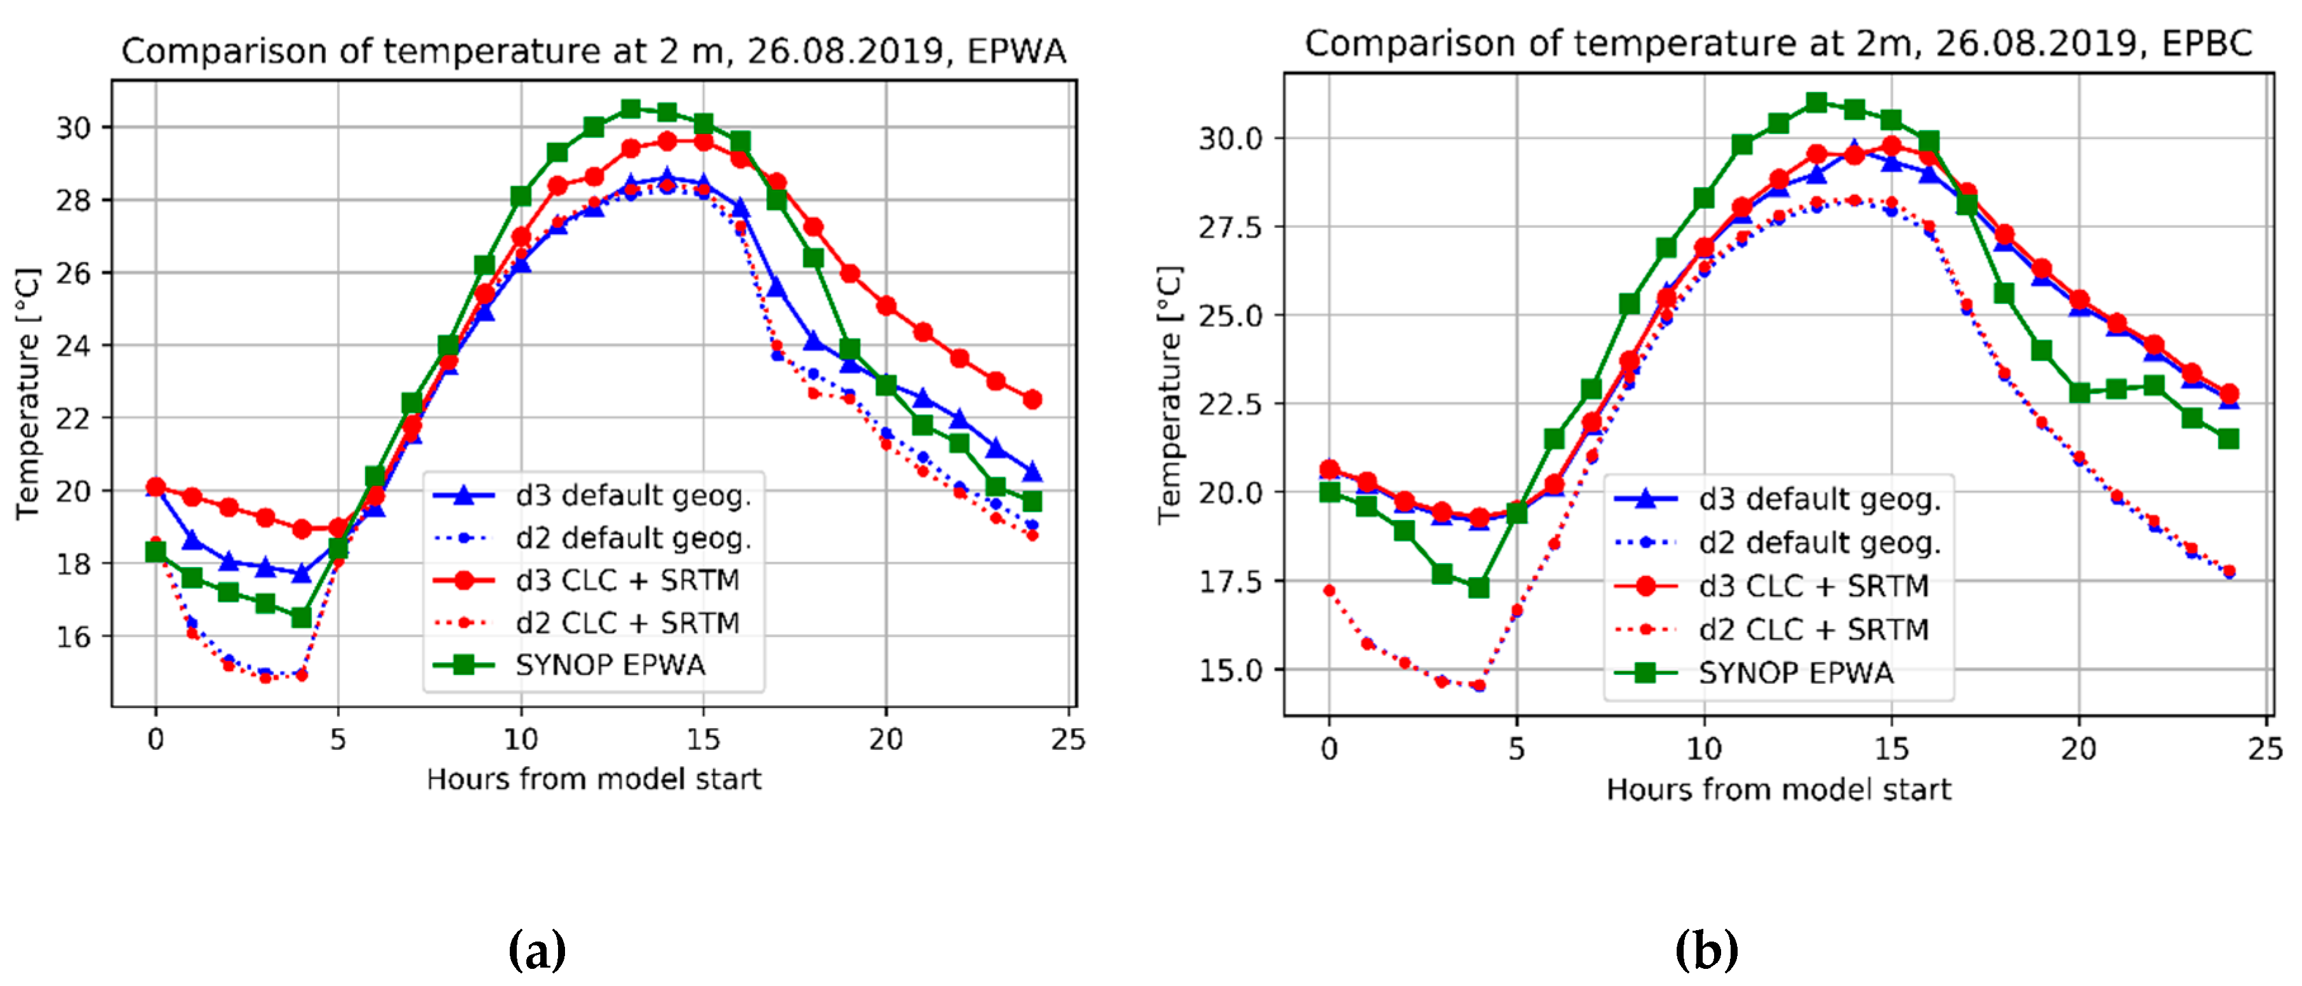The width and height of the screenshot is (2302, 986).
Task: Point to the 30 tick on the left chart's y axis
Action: point(73,128)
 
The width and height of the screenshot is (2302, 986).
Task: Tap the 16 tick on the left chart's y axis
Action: point(73,636)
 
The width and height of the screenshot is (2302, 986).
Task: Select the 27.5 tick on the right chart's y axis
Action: point(1230,227)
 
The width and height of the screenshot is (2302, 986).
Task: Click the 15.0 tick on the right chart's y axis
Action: point(1230,670)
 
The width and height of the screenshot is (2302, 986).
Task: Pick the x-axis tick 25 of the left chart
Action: point(1068,739)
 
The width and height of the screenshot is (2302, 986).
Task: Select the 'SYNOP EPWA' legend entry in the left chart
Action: point(610,665)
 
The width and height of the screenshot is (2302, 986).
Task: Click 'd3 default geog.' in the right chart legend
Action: point(1820,499)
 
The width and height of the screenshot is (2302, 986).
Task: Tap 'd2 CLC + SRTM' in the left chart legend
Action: point(627,623)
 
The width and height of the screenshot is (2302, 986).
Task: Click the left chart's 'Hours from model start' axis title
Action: point(594,780)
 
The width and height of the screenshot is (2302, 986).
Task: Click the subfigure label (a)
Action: point(537,949)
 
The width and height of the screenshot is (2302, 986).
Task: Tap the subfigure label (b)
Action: point(1706,949)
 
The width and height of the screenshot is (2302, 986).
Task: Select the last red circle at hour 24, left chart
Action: point(1032,399)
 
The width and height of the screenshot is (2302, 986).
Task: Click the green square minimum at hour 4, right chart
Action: point(1479,587)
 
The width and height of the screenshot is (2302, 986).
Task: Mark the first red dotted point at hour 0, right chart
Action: point(1330,591)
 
